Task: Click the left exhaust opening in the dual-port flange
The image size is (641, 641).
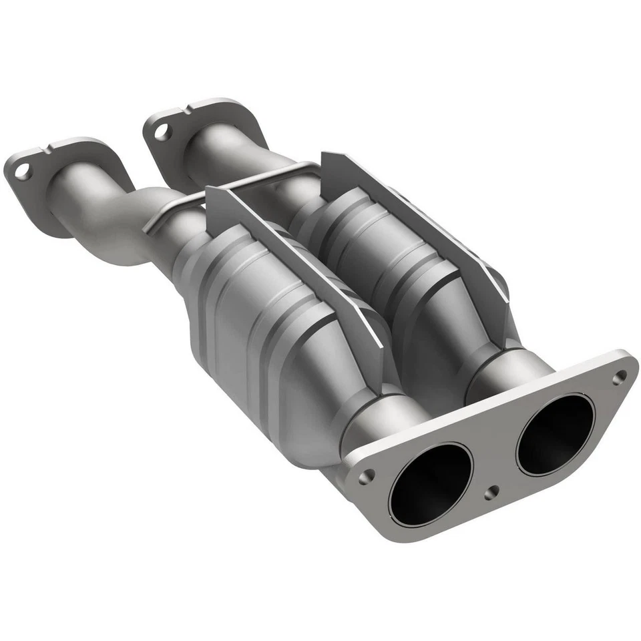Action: (x=431, y=483)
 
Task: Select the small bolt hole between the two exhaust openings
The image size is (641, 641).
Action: (x=492, y=492)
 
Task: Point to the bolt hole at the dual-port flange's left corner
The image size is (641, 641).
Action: (x=366, y=477)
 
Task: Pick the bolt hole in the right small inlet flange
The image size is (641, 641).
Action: (x=161, y=132)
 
